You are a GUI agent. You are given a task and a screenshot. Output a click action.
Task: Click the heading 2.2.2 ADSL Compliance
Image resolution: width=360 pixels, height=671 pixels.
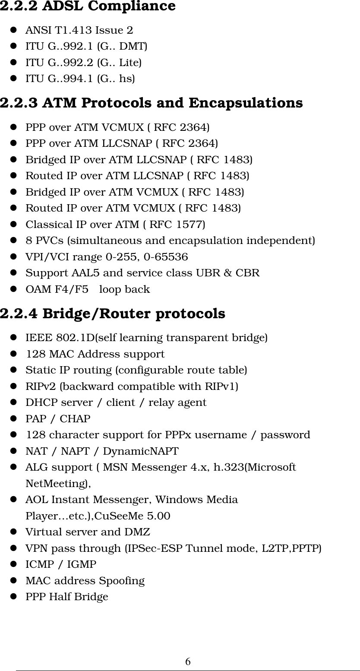[88, 6]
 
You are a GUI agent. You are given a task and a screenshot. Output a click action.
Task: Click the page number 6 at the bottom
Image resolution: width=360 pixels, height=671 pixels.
[188, 662]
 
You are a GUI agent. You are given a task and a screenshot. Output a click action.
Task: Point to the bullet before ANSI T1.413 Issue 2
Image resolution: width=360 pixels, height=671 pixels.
[13, 30]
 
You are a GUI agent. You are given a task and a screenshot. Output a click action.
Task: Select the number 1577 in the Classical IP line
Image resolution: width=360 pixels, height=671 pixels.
[189, 225]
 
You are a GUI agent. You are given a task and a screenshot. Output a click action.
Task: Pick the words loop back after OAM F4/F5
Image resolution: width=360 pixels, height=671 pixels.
[124, 289]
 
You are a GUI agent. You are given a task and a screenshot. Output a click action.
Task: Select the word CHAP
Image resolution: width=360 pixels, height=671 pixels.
[75, 419]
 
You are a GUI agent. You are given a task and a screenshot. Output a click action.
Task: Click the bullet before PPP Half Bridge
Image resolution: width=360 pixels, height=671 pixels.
[13, 597]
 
